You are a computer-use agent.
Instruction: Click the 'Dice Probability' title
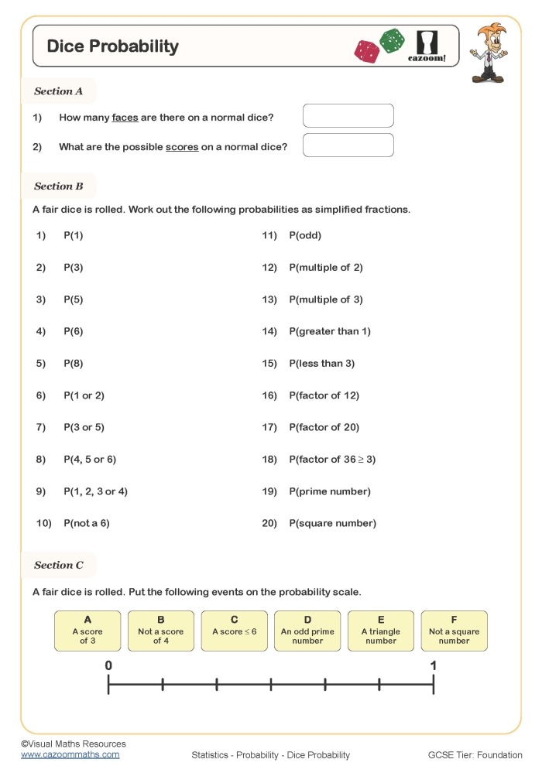coord(113,46)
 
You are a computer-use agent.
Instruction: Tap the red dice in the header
coord(366,51)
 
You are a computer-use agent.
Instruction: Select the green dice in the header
coord(392,41)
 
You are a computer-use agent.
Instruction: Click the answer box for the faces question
coord(348,116)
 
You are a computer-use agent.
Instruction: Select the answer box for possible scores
coord(348,145)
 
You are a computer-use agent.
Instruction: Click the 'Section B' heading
coord(59,186)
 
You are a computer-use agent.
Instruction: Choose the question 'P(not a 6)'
coord(87,524)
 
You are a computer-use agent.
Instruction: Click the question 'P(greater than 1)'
coord(330,332)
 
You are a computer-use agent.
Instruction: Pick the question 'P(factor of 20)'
coord(324,428)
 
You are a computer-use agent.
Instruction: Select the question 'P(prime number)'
coord(330,492)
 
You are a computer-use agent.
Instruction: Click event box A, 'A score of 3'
coord(87,631)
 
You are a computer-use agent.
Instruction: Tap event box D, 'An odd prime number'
coord(307,631)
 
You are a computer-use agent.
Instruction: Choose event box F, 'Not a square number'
coord(454,631)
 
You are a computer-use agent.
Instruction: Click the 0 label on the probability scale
coord(108,665)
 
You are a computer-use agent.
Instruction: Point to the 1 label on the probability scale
coord(434,665)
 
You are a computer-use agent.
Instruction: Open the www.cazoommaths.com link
coord(70,754)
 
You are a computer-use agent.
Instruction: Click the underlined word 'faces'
coord(125,118)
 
